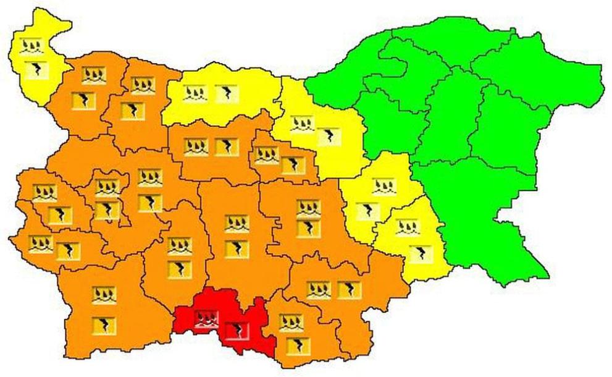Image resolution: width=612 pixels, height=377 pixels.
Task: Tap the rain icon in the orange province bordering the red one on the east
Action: [290, 322]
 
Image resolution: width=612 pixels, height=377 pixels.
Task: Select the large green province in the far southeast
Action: [494, 222]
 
